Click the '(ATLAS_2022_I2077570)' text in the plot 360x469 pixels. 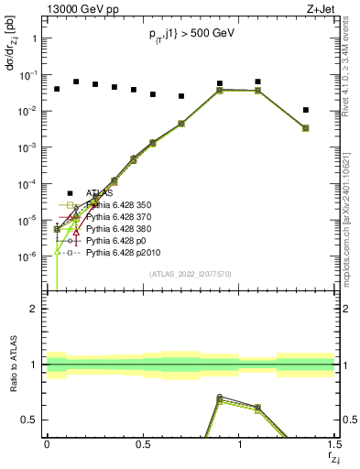coord(190,273)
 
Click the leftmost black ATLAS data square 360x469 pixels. coord(57,89)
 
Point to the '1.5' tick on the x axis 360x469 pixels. coord(334,444)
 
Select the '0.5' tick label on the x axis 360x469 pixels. coord(143,444)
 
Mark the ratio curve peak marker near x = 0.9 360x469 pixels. coord(219,398)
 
